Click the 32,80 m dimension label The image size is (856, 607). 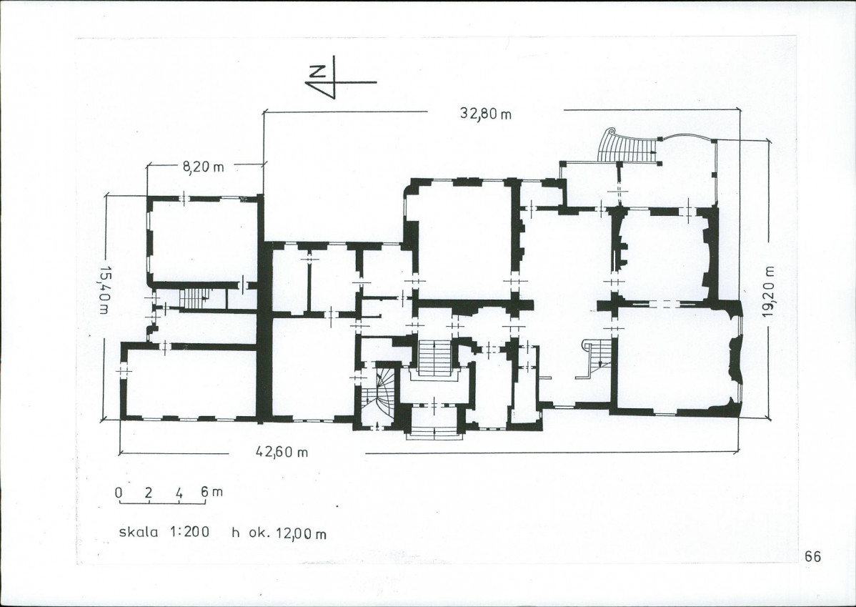click(x=485, y=114)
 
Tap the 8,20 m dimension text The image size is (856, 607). click(x=203, y=167)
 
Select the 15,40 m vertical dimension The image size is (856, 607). click(x=104, y=290)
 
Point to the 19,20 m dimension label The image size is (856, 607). click(x=770, y=291)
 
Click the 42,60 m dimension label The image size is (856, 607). click(x=282, y=452)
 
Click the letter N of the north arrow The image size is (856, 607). click(x=316, y=71)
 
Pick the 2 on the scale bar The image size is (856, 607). click(x=149, y=492)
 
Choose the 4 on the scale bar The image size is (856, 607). click(x=179, y=492)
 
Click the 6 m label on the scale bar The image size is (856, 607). click(x=211, y=491)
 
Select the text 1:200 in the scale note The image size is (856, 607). click(x=189, y=531)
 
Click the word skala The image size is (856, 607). click(x=139, y=532)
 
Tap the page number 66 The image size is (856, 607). click(x=812, y=556)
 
